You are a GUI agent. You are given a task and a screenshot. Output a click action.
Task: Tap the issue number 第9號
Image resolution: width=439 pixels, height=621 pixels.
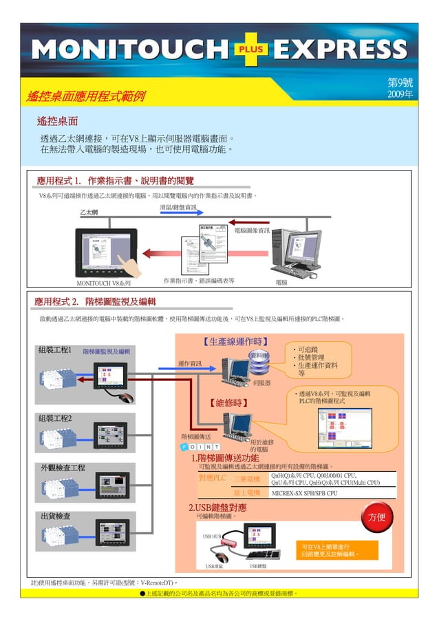pos(400,82)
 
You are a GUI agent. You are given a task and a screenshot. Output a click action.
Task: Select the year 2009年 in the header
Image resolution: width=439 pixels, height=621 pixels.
pos(400,94)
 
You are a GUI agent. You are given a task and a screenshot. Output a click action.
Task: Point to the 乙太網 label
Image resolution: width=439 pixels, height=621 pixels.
pos(89,213)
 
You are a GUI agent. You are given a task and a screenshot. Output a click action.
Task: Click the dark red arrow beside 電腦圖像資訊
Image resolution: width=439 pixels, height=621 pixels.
pos(248,222)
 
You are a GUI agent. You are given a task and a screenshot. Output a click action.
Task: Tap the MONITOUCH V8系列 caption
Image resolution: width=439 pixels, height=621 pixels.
pos(104,282)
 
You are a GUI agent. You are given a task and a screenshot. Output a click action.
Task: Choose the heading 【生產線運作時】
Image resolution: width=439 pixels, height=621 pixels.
pos(235,341)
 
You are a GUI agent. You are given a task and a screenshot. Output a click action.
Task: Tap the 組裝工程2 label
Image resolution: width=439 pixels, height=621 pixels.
pos(54,418)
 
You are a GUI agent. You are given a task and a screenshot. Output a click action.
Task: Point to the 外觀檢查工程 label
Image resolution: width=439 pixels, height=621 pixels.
pos(63,468)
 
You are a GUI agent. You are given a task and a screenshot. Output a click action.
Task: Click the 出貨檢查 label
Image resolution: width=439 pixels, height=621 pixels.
pos(54,516)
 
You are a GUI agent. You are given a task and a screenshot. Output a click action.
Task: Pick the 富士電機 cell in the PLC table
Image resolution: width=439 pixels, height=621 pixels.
pos(246,492)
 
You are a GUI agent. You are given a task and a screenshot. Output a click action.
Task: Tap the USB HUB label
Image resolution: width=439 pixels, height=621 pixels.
pos(211,536)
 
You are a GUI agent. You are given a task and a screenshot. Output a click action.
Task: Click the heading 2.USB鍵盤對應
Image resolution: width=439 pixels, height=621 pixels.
pos(217,508)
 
